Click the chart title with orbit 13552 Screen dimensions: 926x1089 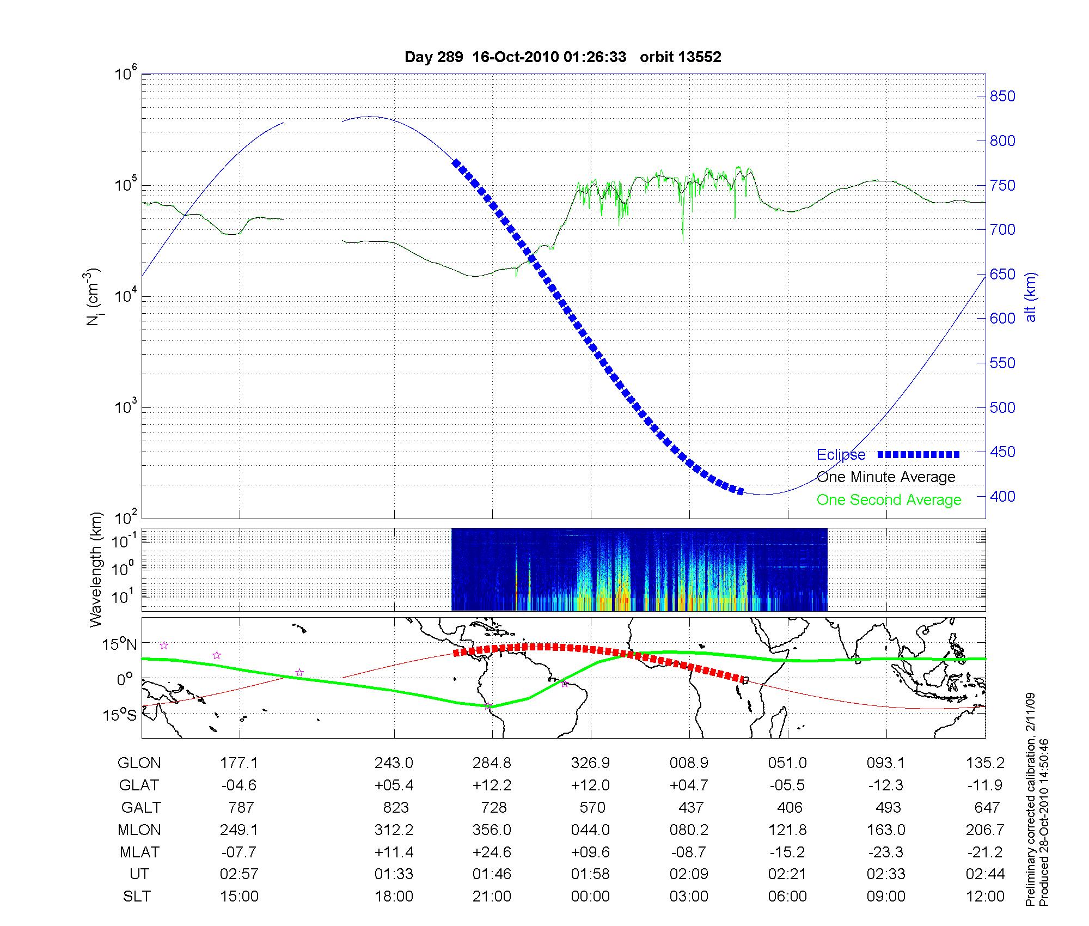[x=562, y=57]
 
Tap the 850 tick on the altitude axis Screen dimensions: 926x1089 [x=1002, y=96]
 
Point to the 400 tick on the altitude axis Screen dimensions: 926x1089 [x=1002, y=496]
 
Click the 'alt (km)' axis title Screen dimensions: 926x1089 [x=1030, y=297]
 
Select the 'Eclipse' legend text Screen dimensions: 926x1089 [x=841, y=455]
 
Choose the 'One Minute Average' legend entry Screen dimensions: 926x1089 [x=886, y=477]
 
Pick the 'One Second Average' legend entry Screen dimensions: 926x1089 [x=889, y=500]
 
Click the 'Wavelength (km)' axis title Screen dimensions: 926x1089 [x=96, y=569]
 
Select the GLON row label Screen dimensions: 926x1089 [x=139, y=763]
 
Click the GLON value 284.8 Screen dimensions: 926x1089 [x=492, y=763]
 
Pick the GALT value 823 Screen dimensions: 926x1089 [x=396, y=807]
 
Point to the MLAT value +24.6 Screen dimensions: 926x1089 [x=492, y=852]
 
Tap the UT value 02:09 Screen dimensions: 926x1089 [x=689, y=874]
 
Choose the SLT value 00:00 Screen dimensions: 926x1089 [x=590, y=896]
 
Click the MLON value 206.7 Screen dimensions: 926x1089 [x=986, y=830]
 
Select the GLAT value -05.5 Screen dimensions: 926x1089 [x=788, y=785]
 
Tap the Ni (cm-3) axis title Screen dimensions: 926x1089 [x=94, y=297]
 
